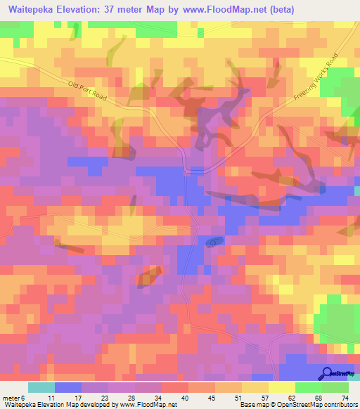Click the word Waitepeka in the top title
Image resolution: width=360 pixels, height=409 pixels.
click(x=35, y=11)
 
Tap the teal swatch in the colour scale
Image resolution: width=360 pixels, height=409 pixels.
click(x=41, y=387)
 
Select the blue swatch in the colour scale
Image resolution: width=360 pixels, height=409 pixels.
click(x=68, y=387)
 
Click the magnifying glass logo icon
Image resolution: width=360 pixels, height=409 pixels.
click(x=328, y=373)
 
